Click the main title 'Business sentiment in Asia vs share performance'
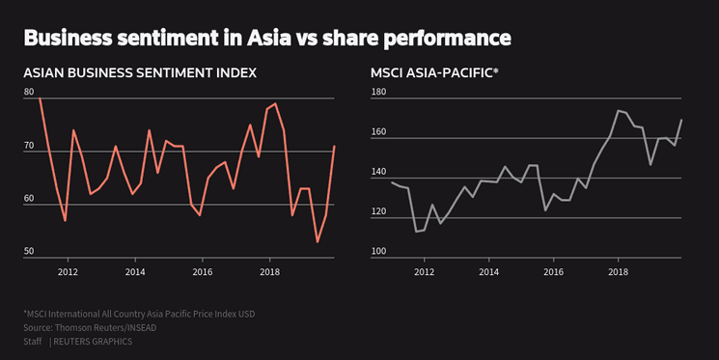[x=266, y=38]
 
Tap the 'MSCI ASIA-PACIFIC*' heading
[x=434, y=73]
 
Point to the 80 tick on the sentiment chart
[x=29, y=92]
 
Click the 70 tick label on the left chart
[x=29, y=145]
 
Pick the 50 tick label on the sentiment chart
[x=29, y=251]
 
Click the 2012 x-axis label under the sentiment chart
[x=68, y=272]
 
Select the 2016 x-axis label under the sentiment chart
[x=202, y=272]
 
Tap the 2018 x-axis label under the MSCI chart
[x=619, y=272]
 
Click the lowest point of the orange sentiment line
[x=318, y=241]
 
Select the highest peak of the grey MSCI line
[x=618, y=110]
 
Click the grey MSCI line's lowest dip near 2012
[x=416, y=232]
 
